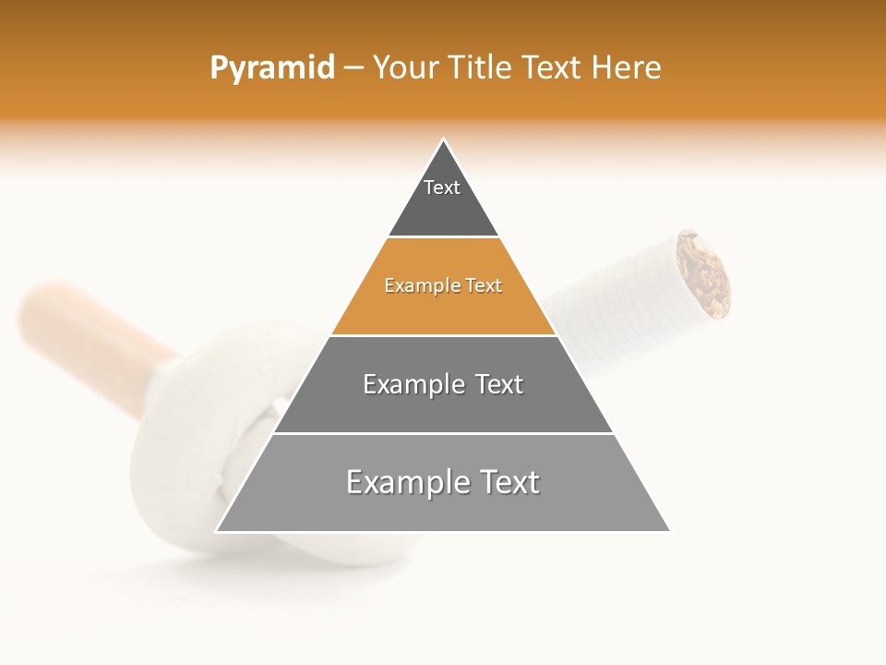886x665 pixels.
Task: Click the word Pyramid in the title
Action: [x=271, y=68]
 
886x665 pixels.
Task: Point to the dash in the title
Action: [x=353, y=68]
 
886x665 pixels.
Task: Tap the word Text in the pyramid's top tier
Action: [x=442, y=187]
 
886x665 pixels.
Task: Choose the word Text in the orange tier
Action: [x=482, y=285]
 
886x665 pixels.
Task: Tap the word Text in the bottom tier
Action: [x=508, y=482]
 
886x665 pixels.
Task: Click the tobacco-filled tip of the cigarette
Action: [x=703, y=274]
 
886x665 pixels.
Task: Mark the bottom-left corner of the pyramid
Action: [x=217, y=531]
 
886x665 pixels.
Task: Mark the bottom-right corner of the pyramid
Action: [x=669, y=531]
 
